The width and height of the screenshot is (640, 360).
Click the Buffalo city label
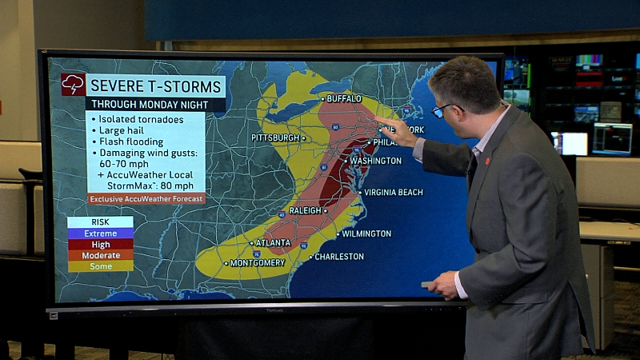click(344, 98)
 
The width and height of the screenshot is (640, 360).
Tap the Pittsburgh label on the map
click(274, 138)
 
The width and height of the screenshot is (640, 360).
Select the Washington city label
click(375, 161)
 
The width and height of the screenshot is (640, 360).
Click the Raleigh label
click(304, 210)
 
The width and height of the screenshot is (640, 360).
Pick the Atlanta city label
click(273, 242)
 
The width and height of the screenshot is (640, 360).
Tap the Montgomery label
click(258, 262)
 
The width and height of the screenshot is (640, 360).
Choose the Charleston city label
click(339, 257)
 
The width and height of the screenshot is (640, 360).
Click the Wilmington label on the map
click(366, 234)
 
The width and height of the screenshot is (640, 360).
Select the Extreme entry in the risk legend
click(100, 234)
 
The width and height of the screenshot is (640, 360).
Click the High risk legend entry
click(100, 245)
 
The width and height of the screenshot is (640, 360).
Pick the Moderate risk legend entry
click(100, 255)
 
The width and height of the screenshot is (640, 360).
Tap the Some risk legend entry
click(100, 266)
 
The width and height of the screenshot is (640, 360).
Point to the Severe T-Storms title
click(155, 85)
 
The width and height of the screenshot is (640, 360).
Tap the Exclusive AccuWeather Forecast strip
click(146, 198)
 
